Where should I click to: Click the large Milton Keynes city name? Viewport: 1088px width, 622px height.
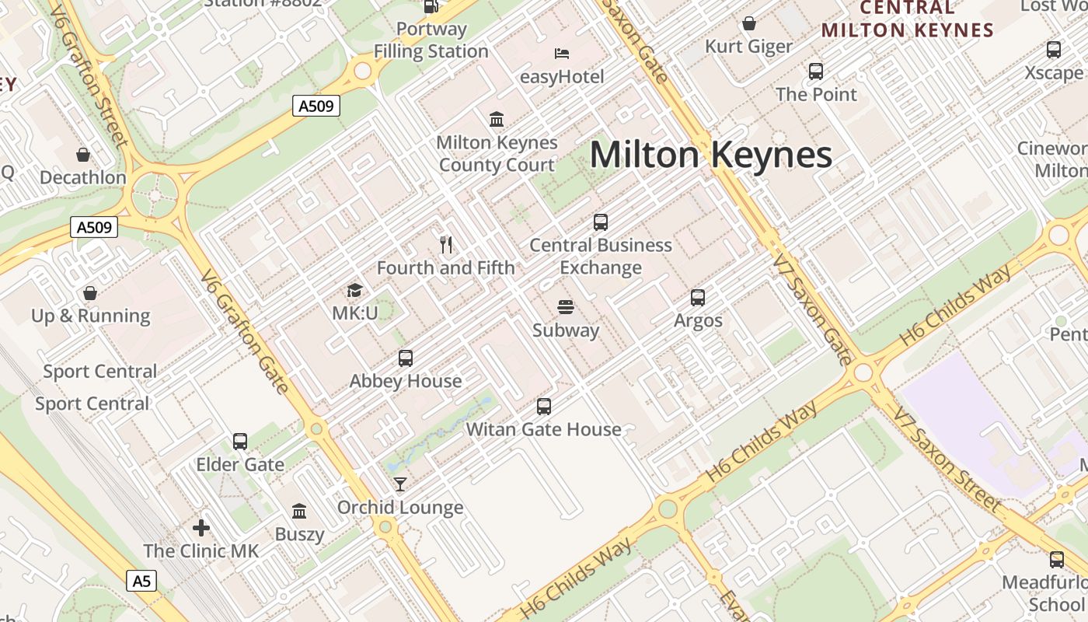tap(710, 155)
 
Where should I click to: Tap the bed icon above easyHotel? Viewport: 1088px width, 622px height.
tap(562, 54)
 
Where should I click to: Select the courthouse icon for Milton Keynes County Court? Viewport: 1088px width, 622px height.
tap(497, 119)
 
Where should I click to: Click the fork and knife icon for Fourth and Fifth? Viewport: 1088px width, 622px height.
tap(446, 245)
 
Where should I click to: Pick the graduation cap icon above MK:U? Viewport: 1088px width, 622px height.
tap(354, 291)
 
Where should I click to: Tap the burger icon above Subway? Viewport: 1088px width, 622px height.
tap(566, 307)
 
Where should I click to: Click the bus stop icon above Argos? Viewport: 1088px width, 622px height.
tap(698, 297)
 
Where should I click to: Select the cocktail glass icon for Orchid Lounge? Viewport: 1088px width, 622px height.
tap(400, 484)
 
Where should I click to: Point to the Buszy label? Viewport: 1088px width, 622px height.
tap(299, 534)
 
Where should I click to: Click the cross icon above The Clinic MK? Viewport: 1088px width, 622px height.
tap(201, 528)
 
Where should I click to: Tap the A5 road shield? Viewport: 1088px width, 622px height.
tap(141, 580)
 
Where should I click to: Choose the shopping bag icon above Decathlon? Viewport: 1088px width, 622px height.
tap(83, 155)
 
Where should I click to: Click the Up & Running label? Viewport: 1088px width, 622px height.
tap(91, 316)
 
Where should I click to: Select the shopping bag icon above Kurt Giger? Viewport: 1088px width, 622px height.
tap(749, 23)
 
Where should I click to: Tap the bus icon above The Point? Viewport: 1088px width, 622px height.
tap(816, 72)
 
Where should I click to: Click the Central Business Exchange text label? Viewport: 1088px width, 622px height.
tap(601, 256)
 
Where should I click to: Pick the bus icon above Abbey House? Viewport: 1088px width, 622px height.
tap(406, 358)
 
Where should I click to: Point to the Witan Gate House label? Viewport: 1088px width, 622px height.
tap(543, 429)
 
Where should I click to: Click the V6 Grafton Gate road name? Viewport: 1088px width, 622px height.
tap(245, 332)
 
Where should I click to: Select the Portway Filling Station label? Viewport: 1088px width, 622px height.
tap(431, 40)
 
